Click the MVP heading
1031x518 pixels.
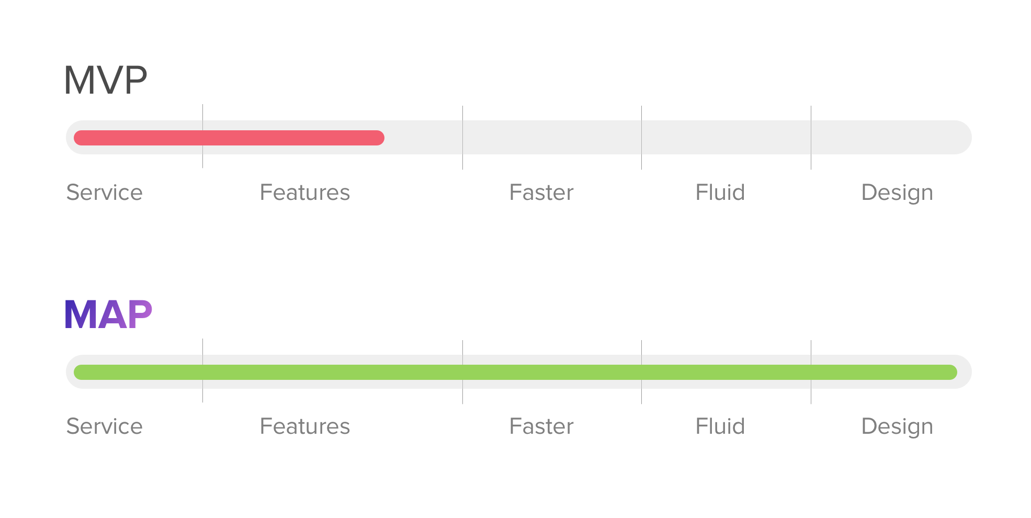pos(106,80)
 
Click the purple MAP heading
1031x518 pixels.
pos(108,314)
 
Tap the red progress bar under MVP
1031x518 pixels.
pos(229,138)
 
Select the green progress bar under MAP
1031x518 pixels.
pos(515,372)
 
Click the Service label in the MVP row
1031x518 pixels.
pos(105,193)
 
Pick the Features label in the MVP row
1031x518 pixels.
pos(305,193)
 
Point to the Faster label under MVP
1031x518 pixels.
pos(541,193)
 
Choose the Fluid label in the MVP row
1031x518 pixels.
pos(720,193)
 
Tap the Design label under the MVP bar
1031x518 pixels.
pos(897,194)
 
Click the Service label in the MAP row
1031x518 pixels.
pos(105,426)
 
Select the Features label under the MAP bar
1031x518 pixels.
pos(305,426)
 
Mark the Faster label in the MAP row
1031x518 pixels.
pos(541,426)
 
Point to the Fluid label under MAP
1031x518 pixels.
pos(720,426)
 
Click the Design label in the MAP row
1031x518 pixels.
pos(897,427)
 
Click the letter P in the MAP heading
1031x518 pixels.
pos(140,314)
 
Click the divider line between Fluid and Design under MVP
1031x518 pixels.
pos(811,138)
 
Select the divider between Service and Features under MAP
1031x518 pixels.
pos(202,370)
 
